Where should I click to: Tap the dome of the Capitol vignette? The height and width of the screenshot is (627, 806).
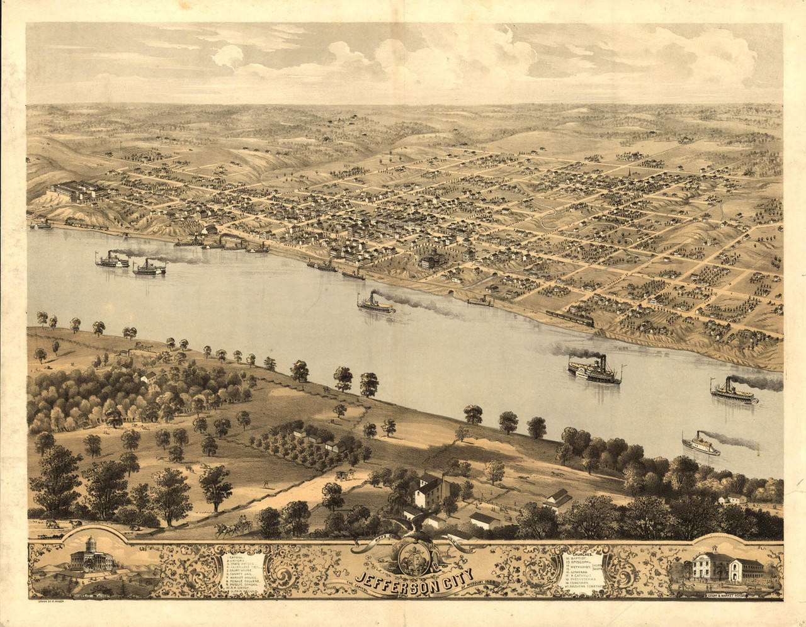click(89, 545)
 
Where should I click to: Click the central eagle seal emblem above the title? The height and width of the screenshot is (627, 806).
click(411, 554)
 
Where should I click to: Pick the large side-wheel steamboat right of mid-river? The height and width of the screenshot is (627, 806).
click(595, 371)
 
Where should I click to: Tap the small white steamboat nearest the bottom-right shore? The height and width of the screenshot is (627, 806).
click(701, 445)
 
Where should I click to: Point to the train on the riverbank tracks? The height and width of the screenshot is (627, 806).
click(570, 319)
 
